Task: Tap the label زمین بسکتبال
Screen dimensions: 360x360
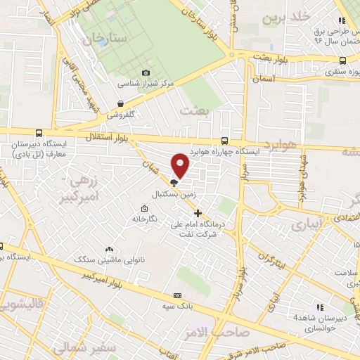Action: click(x=171, y=191)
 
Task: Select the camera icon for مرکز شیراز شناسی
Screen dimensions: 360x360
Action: click(x=146, y=73)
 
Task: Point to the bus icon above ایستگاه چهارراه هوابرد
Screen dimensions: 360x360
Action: click(x=224, y=141)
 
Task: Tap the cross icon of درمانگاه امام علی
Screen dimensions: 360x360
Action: click(x=198, y=213)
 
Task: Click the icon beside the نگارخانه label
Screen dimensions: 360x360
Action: click(x=144, y=208)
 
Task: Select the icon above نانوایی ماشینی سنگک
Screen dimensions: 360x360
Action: click(x=109, y=249)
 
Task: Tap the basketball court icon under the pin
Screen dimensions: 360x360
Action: click(x=174, y=182)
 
